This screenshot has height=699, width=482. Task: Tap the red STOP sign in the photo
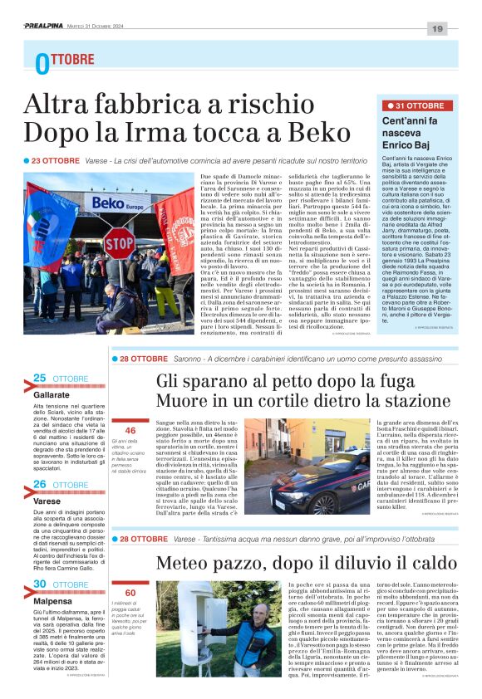pyautogui.click(x=119, y=242)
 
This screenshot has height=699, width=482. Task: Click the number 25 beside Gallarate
pyautogui.click(x=39, y=378)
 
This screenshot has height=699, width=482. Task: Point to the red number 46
pyautogui.click(x=130, y=431)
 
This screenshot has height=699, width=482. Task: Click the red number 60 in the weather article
pyautogui.click(x=130, y=593)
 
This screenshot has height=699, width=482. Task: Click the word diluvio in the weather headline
pyautogui.click(x=340, y=564)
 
